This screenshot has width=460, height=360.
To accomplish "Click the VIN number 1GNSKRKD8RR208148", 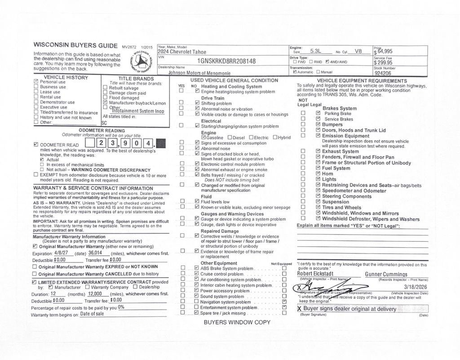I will click(226, 61).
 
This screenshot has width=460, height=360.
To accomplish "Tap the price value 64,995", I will click(385, 51).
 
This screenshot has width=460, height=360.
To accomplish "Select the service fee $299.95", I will click(383, 62).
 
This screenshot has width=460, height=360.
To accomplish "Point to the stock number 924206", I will click(383, 73).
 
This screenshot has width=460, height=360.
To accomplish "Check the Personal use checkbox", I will click(36, 82).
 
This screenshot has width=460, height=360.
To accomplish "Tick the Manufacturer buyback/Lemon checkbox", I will click(105, 102).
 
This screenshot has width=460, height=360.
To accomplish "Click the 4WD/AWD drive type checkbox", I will click(327, 62).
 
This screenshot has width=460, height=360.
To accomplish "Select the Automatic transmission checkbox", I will click(294, 72).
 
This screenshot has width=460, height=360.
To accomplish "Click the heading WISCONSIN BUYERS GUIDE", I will click(75, 45).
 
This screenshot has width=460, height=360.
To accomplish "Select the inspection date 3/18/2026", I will click(416, 286).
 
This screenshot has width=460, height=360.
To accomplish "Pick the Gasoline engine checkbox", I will click(203, 137).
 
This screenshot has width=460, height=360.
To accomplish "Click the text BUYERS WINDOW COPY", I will click(237, 322).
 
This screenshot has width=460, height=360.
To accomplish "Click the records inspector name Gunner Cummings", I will click(386, 274).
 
